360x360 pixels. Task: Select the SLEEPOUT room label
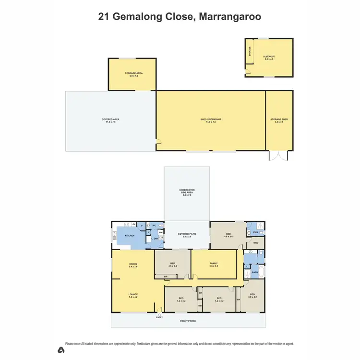click(x=269, y=56)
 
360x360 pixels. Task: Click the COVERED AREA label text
click(x=110, y=120)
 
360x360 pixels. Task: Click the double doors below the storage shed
click(x=278, y=156)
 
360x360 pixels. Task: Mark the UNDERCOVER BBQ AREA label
click(x=187, y=191)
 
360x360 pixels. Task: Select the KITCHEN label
click(x=130, y=236)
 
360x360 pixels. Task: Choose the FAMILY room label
click(x=214, y=263)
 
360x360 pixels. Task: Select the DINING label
click(x=133, y=264)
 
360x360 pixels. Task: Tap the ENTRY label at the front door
click(x=159, y=317)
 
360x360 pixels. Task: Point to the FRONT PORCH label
click(x=188, y=321)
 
